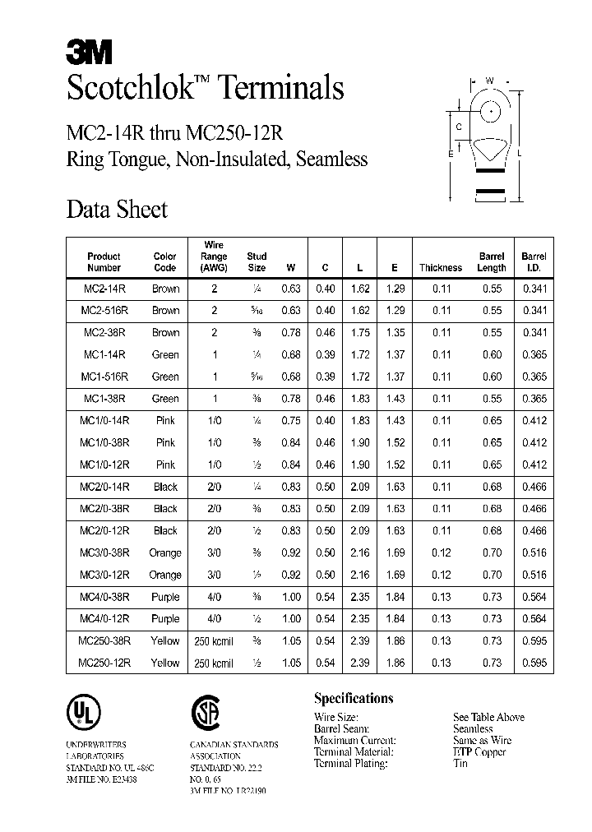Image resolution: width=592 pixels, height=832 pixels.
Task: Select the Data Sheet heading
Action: click(117, 210)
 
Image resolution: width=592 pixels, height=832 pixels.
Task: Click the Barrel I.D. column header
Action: click(534, 261)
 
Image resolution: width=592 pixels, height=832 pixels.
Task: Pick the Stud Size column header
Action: click(257, 261)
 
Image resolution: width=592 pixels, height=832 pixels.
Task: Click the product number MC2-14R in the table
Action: click(104, 289)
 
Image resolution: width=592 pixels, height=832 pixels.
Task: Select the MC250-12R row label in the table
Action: click(104, 663)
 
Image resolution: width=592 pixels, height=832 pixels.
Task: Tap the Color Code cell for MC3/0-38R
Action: click(165, 552)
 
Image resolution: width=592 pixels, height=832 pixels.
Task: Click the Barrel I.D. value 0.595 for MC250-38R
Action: click(534, 640)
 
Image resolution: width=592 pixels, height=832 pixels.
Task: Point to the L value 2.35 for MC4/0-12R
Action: click(360, 618)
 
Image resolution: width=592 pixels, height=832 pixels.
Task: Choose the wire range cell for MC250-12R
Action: click(214, 663)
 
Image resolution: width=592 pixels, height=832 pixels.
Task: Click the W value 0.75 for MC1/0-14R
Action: click(290, 420)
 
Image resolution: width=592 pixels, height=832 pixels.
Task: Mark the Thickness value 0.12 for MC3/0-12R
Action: click(442, 575)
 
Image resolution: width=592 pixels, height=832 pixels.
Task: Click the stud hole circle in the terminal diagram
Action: click(490, 108)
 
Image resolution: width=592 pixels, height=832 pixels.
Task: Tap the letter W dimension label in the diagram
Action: click(489, 81)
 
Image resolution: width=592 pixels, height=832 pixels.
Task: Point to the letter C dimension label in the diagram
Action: click(459, 127)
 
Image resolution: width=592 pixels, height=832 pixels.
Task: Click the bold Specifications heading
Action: click(354, 698)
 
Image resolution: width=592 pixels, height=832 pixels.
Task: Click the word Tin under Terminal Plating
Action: click(460, 763)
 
